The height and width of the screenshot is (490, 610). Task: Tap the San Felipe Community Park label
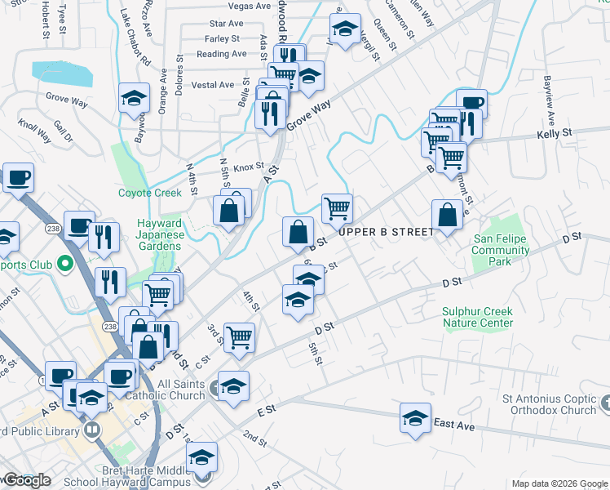coord(501,250)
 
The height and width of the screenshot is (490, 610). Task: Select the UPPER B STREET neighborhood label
coord(387,232)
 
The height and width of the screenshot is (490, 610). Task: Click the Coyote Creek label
coord(149,193)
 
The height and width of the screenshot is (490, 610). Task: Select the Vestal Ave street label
coord(213,85)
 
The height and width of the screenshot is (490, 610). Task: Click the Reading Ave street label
coord(221,54)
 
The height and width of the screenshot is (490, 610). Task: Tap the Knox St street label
coord(250,167)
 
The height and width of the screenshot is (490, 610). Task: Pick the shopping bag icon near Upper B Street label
coord(448,215)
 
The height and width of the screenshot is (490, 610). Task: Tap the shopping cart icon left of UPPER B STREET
coord(336,208)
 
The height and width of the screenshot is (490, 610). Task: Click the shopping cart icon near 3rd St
coord(239,336)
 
